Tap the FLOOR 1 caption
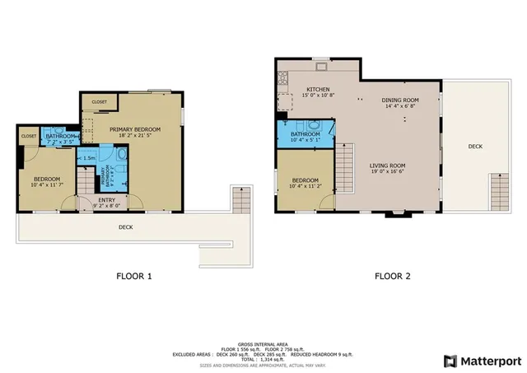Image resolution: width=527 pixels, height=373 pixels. (x=133, y=277)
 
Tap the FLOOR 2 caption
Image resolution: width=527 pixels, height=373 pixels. (x=393, y=277)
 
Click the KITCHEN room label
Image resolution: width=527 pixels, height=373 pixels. (x=318, y=89)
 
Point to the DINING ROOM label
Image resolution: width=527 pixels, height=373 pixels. (x=399, y=100)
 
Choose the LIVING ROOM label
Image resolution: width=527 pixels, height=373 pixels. (x=387, y=166)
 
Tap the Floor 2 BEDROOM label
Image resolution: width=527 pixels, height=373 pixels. (x=305, y=180)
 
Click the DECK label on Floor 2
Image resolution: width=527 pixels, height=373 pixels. (x=475, y=146)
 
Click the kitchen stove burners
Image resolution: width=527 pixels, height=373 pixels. (x=283, y=80)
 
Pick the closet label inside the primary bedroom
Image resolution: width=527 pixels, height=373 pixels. (x=100, y=102)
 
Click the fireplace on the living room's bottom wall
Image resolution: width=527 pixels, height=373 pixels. (x=392, y=215)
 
